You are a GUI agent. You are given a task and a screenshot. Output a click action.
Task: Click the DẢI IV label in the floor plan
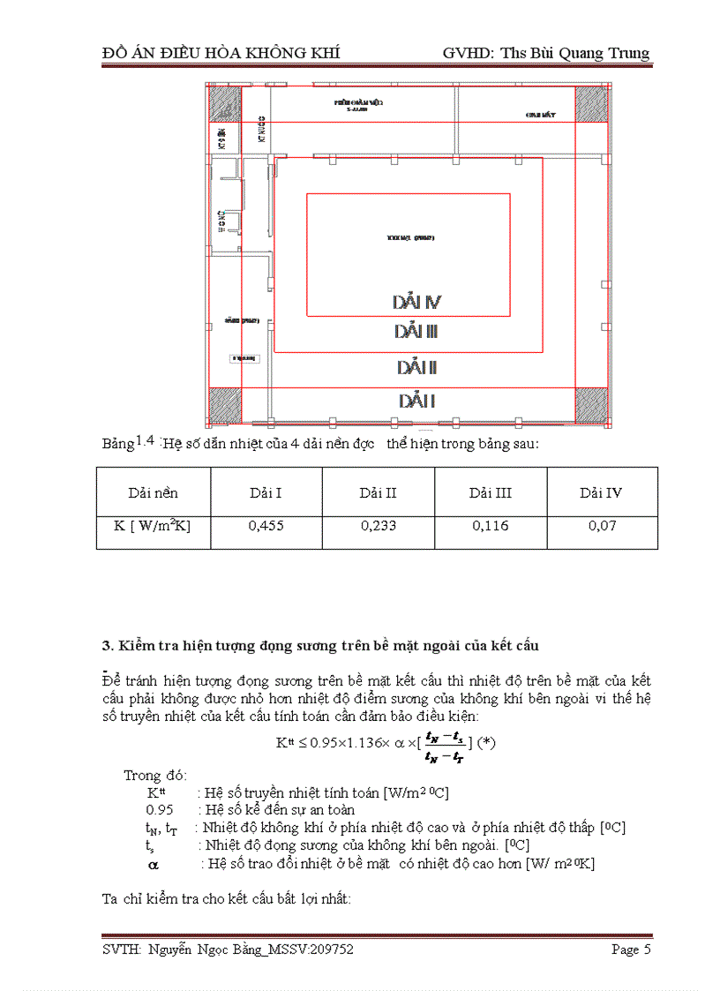point(416,303)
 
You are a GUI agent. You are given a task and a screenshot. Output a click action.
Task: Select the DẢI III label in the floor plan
point(416,332)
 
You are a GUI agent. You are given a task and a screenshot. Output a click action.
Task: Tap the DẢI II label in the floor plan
point(416,367)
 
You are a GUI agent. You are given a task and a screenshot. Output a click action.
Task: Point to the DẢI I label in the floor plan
point(416,402)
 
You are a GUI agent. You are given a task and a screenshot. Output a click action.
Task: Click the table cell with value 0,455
point(266,525)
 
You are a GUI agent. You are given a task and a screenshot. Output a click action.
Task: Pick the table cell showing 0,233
point(378,525)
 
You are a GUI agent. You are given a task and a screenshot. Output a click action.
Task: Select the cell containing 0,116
point(490,525)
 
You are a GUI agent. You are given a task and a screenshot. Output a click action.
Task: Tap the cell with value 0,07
point(602,525)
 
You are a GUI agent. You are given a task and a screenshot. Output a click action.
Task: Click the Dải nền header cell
point(153,492)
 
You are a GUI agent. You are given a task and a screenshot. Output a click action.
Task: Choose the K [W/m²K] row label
point(153,525)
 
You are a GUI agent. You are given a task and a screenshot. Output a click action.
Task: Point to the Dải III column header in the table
point(490,492)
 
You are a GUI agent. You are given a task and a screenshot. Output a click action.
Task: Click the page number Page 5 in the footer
point(631,950)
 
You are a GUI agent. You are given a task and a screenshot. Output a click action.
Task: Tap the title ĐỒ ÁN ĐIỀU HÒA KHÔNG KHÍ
point(221,53)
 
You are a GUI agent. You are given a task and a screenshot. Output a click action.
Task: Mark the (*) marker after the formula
point(486,742)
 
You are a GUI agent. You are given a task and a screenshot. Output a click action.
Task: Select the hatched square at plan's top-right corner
point(591,105)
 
